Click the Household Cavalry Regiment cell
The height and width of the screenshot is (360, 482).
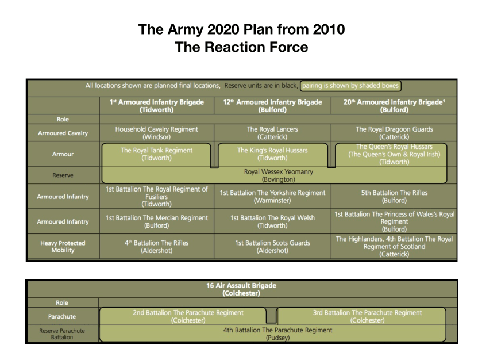click(156, 133)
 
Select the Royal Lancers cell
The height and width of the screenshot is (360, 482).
click(272, 133)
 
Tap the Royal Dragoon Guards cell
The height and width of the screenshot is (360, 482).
click(394, 133)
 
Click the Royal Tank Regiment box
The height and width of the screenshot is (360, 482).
click(156, 154)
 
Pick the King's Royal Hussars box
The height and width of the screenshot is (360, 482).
click(272, 154)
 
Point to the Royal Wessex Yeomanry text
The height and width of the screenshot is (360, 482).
click(279, 175)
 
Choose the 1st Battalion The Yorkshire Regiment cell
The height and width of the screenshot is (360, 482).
click(272, 197)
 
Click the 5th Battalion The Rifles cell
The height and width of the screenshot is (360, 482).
click(394, 197)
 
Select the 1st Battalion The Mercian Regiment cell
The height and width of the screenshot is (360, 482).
click(156, 221)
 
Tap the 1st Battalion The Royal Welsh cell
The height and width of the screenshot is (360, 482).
click(272, 221)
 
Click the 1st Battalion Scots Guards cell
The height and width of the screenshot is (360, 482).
click(272, 247)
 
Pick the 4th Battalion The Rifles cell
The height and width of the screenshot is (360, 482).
click(156, 247)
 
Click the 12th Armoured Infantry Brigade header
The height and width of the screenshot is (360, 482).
click(272, 106)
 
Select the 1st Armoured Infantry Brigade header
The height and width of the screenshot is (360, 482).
click(156, 106)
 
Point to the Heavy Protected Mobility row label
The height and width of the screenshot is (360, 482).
click(63, 247)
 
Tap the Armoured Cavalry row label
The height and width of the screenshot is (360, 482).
click(63, 133)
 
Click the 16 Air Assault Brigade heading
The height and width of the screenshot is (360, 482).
click(241, 289)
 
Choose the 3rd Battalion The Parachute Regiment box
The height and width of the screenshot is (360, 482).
click(367, 316)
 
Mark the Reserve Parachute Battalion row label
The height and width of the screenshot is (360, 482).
click(62, 334)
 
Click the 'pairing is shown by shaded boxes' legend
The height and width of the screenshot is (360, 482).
click(350, 86)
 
